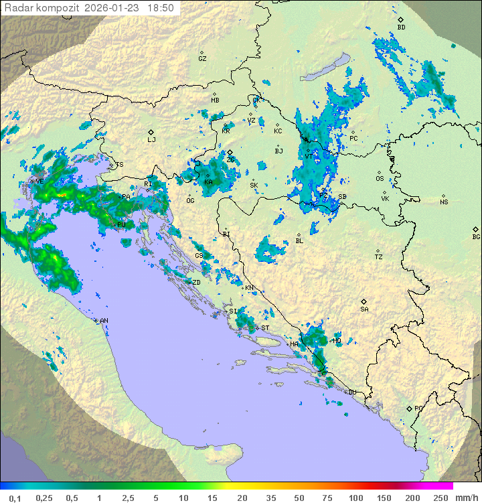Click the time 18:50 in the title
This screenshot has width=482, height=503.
pyautogui.click(x=161, y=8)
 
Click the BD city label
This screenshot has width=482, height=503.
pyautogui.click(x=401, y=27)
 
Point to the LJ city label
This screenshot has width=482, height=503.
pyautogui.click(x=151, y=139)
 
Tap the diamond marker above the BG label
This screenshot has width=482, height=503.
pyautogui.click(x=476, y=228)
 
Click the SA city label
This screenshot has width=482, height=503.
pyautogui.click(x=364, y=309)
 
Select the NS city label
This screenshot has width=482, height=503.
pyautogui.click(x=444, y=202)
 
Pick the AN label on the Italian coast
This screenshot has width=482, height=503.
pyautogui.click(x=104, y=321)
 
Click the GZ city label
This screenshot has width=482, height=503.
pyautogui.click(x=202, y=58)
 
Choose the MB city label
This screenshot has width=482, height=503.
pyautogui.click(x=215, y=100)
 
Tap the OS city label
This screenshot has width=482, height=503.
pyautogui.click(x=380, y=178)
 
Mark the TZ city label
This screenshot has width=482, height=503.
pyautogui.click(x=379, y=257)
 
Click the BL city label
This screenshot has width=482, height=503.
pyautogui.click(x=299, y=240)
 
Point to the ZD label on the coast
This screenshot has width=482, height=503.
pyautogui.click(x=196, y=282)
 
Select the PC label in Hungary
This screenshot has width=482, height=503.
pyautogui.click(x=353, y=138)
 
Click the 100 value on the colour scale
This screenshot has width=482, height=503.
pyautogui.click(x=355, y=498)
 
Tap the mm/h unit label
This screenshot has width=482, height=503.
pyautogui.click(x=465, y=498)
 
